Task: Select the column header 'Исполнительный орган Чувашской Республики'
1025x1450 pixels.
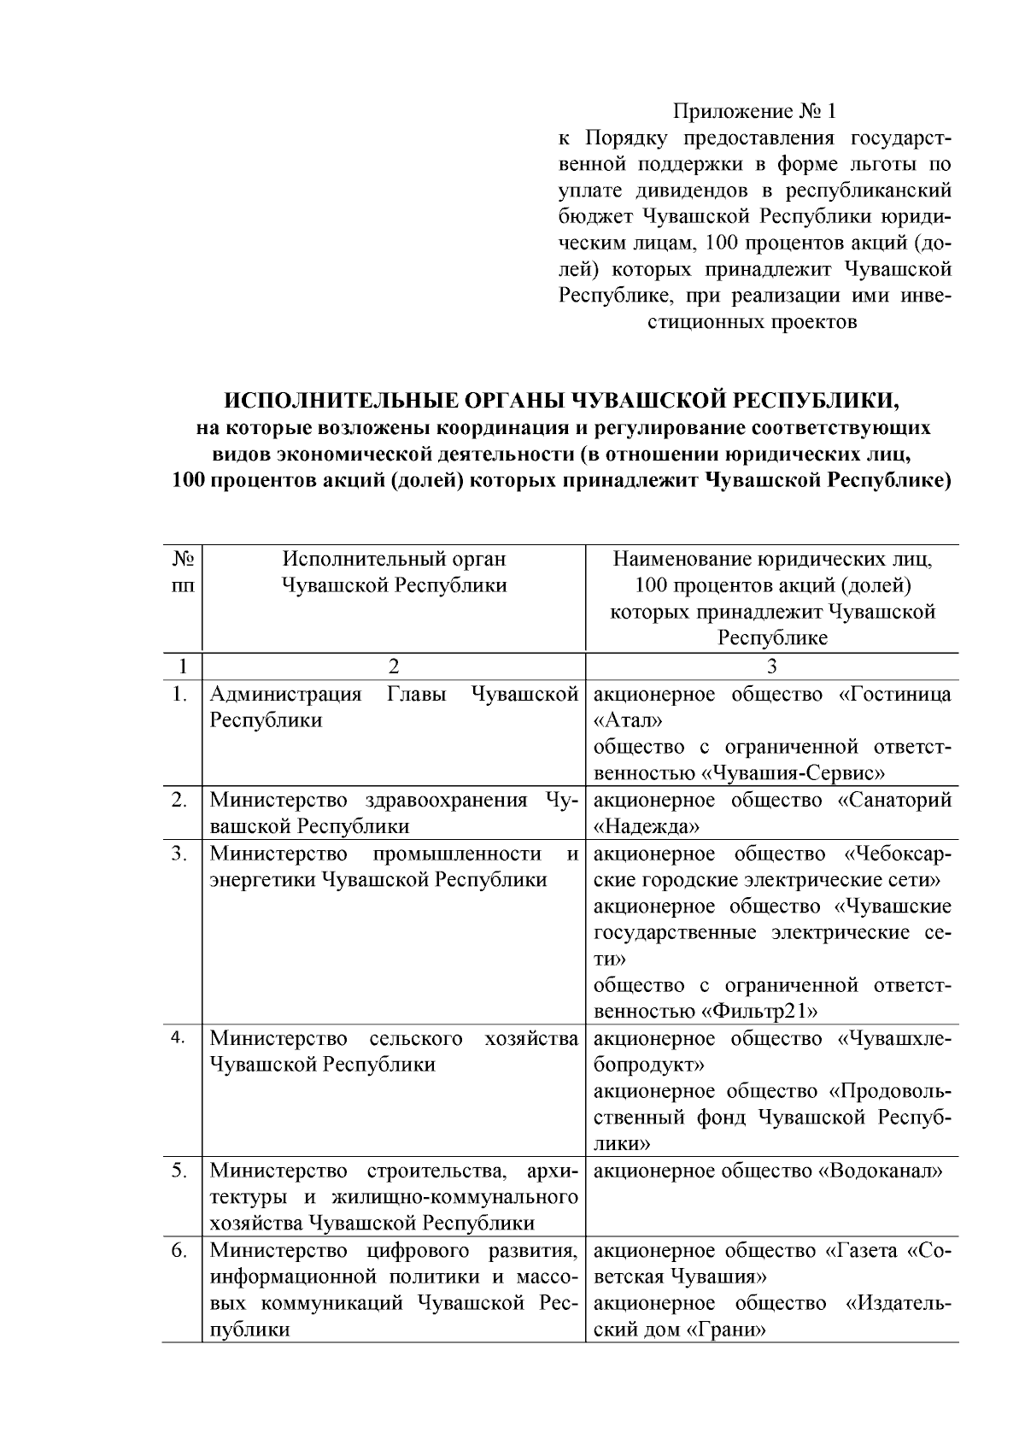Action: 394,572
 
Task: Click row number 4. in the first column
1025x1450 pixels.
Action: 179,1037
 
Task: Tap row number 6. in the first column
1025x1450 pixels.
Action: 179,1251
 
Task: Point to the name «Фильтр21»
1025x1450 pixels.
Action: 759,1012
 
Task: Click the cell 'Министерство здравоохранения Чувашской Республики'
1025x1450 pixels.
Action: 394,813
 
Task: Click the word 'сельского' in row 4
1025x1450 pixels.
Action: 416,1038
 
